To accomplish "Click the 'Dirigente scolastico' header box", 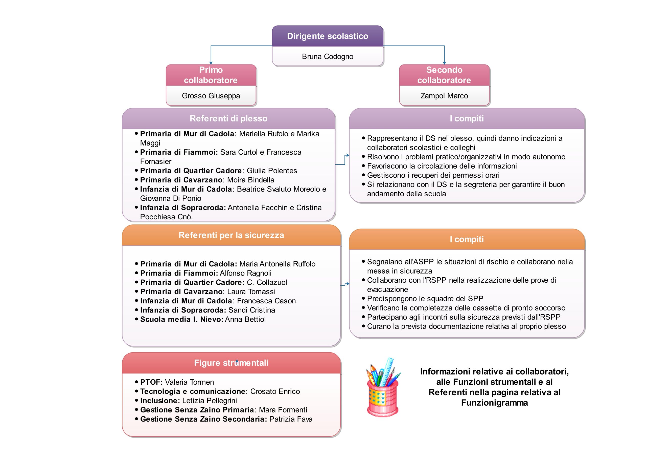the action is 328,36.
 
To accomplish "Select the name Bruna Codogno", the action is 328,56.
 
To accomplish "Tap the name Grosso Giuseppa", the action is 211,96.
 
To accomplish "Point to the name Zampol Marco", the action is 444,96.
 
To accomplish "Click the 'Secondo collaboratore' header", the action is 444,75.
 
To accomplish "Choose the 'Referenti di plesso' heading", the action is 228,118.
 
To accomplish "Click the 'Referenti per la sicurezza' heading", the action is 231,235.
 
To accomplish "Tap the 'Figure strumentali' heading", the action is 231,363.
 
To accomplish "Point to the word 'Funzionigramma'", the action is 494,403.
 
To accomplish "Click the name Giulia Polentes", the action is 272,171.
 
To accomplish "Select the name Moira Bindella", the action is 250,180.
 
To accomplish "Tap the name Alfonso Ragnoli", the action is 245,273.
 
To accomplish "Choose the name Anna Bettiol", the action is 245,319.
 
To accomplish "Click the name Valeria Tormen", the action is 189,382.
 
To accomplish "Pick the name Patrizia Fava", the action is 291,419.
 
